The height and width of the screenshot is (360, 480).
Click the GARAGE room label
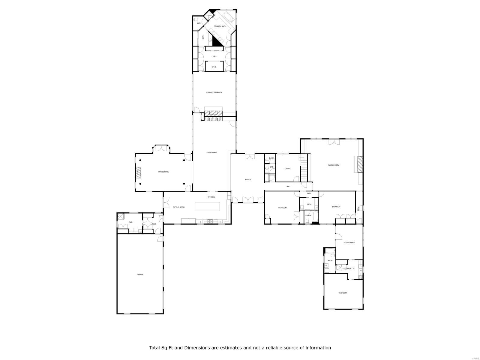[x=140, y=274]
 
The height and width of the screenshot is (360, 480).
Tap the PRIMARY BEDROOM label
[x=214, y=92]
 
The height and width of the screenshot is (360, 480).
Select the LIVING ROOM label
[x=211, y=153]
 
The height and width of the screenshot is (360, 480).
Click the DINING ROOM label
[x=164, y=172]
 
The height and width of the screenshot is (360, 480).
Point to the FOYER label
[x=248, y=180]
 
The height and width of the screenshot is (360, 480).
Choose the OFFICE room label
[x=287, y=169]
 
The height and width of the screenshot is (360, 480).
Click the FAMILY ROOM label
[x=334, y=165]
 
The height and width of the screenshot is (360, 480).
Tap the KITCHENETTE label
[x=349, y=268]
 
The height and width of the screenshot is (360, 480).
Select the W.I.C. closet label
[x=214, y=67]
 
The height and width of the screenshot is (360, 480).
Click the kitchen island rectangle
[x=207, y=206]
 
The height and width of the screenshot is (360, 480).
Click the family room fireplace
[x=360, y=164]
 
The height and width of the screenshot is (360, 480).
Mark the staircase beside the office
[x=304, y=171]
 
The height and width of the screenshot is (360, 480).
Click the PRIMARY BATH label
[x=220, y=26]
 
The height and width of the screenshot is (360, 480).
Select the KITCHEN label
[x=211, y=197]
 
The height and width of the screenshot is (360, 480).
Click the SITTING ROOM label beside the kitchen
[x=178, y=207]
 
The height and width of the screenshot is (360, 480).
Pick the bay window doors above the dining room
[x=162, y=148]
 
